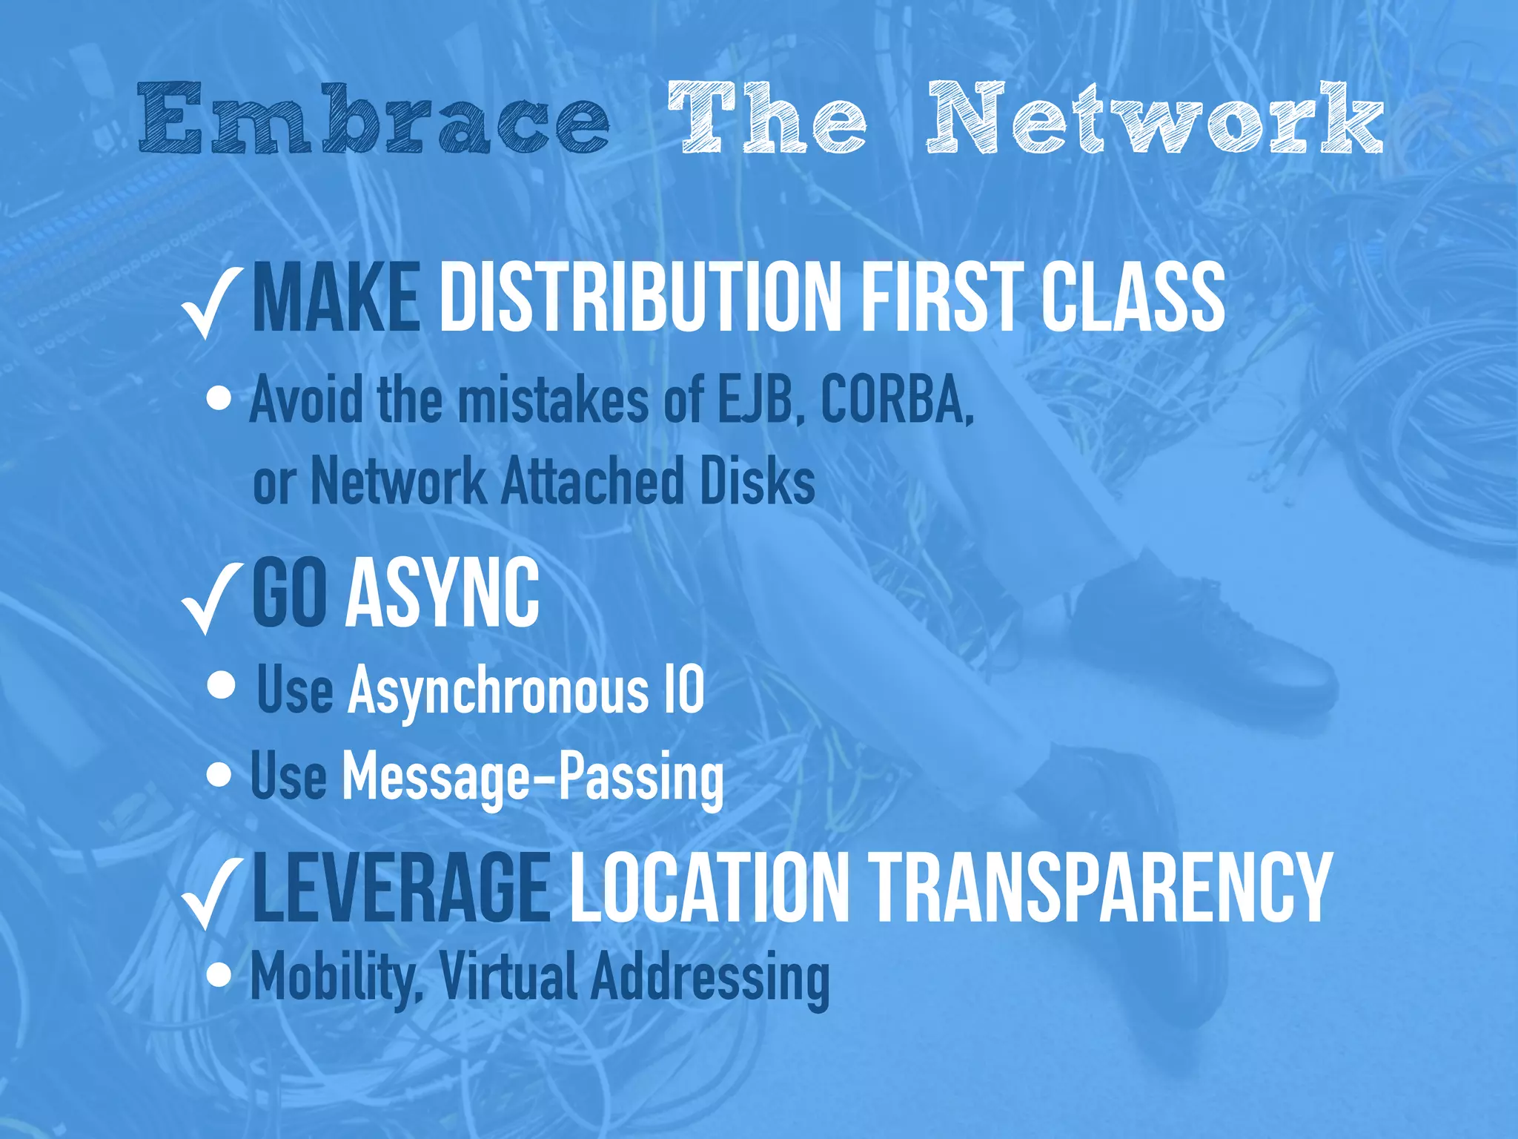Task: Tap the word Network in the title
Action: (1154, 119)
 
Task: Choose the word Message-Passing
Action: (532, 777)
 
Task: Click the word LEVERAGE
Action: (401, 888)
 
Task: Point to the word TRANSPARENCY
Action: (1101, 888)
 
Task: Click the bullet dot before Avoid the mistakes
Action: (219, 400)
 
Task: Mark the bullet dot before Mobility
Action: (219, 975)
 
